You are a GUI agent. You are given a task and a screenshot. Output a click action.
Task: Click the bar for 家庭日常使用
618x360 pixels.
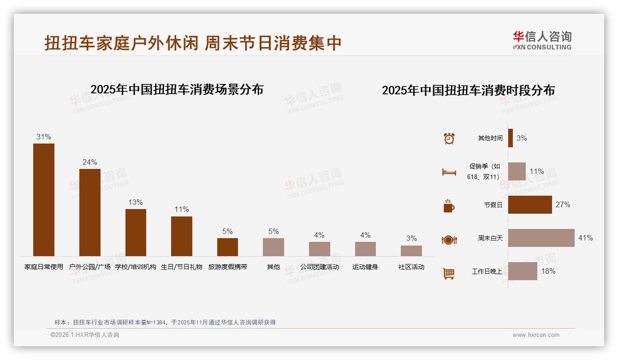pos(44,199)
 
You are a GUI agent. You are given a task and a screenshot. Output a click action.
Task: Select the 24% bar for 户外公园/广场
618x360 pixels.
pos(89,212)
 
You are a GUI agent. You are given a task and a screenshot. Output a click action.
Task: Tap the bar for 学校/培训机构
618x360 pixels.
pos(136,232)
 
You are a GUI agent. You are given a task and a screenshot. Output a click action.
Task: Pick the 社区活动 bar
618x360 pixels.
pos(411,251)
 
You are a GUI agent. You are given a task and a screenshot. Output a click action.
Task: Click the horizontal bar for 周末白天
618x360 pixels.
pos(541,238)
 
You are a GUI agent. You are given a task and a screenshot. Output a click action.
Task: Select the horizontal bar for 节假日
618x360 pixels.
pos(530,204)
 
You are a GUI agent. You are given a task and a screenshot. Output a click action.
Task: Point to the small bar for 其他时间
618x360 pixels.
pos(511,138)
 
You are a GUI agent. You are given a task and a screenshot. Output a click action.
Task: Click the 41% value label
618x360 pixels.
pos(585,238)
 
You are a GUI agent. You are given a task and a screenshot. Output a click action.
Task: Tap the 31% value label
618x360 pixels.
pos(44,137)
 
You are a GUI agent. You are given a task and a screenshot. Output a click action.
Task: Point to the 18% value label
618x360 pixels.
pos(548,271)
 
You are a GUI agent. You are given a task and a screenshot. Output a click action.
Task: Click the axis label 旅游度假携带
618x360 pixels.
pos(227,267)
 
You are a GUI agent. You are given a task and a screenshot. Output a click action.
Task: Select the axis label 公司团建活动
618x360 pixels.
pos(319,267)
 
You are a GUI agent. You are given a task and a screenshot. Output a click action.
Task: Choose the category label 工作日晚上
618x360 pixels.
pos(487,271)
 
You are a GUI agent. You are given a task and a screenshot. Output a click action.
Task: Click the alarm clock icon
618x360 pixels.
pos(449,138)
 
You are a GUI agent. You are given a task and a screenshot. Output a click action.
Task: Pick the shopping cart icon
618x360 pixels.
pos(449,274)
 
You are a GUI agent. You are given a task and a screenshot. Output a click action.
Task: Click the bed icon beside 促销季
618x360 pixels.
pos(449,172)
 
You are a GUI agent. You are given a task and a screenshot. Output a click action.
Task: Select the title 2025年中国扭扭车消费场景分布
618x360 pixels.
pos(177,90)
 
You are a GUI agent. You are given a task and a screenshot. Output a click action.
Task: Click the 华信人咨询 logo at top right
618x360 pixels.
pos(542,40)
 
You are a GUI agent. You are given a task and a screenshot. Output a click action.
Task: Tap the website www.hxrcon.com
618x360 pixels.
pos(535,335)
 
